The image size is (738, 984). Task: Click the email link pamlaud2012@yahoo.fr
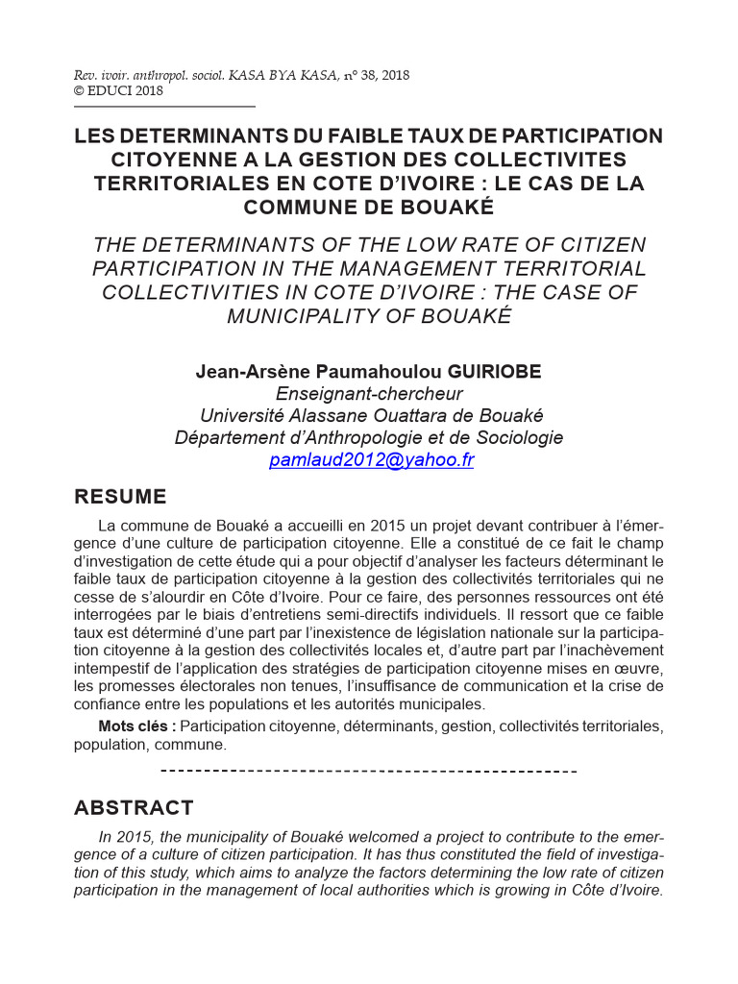tap(372, 460)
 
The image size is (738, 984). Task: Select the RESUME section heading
tap(120, 497)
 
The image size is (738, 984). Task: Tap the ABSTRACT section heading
tap(134, 808)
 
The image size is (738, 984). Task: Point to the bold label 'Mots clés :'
tap(137, 726)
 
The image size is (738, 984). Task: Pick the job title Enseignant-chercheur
tap(369, 394)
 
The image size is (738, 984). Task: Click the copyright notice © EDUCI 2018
tap(118, 91)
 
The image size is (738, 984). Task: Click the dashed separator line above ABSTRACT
tap(368, 772)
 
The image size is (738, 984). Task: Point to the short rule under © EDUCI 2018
tap(164, 107)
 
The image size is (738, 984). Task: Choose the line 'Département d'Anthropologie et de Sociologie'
tap(369, 438)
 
